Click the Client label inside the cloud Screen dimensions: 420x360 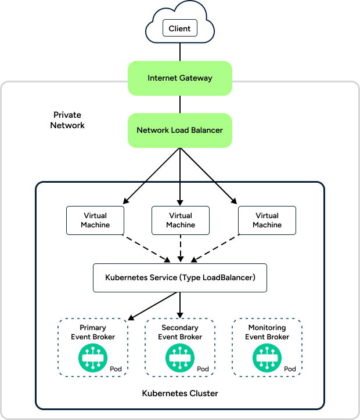[179, 28]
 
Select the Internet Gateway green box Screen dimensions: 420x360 [180, 78]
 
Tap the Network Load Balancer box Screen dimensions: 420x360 [180, 130]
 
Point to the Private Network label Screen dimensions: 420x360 [67, 120]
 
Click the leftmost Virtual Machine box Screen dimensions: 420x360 [95, 220]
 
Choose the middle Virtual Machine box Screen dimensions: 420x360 [180, 220]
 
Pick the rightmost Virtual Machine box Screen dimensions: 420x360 [267, 220]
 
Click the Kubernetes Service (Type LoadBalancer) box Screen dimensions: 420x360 [180, 277]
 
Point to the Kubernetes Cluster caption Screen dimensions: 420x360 [180, 393]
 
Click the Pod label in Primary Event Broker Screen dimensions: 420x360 [116, 369]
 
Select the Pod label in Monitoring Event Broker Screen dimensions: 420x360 [290, 369]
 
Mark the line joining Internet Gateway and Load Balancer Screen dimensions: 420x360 [180, 104]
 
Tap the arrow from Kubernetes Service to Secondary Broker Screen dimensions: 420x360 [180, 304]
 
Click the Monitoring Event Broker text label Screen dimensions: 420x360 [267, 332]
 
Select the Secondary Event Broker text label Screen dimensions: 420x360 [180, 332]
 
